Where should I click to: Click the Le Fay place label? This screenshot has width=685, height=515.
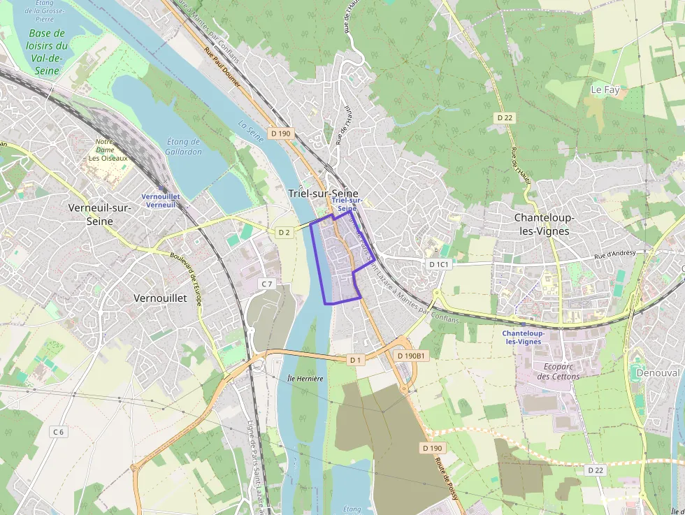pyautogui.click(x=605, y=89)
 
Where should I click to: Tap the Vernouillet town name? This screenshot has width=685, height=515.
pyautogui.click(x=160, y=298)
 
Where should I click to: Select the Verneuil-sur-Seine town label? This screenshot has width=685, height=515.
pyautogui.click(x=100, y=214)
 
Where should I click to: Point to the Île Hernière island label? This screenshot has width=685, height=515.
pyautogui.click(x=305, y=379)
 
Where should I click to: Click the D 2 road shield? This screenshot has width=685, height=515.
pyautogui.click(x=284, y=232)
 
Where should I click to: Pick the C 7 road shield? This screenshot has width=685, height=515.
pyautogui.click(x=266, y=284)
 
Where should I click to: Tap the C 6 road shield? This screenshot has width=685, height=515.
pyautogui.click(x=58, y=432)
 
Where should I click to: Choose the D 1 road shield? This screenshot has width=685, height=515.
pyautogui.click(x=356, y=360)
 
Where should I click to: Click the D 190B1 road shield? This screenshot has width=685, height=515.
pyautogui.click(x=410, y=356)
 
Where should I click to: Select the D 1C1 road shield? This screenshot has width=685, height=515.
pyautogui.click(x=439, y=264)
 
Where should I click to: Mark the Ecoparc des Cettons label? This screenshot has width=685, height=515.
pyautogui.click(x=558, y=371)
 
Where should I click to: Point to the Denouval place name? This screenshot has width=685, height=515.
pyautogui.click(x=658, y=373)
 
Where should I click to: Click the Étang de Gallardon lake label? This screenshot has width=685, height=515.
pyautogui.click(x=185, y=147)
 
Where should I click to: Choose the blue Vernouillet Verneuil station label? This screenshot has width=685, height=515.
pyautogui.click(x=161, y=201)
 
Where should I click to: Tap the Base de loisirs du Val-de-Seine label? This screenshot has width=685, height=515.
pyautogui.click(x=47, y=52)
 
